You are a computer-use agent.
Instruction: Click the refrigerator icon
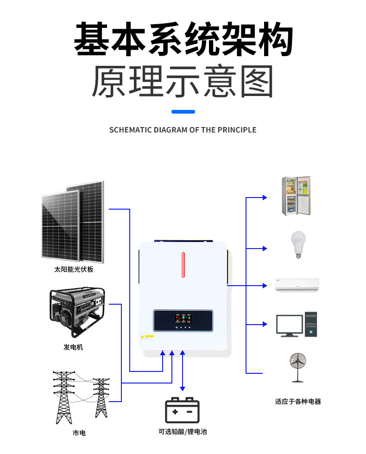(x=297, y=196)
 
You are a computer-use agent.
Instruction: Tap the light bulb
(x=298, y=244)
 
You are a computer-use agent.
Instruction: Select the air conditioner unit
(x=297, y=285)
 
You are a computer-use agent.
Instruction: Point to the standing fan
(x=297, y=366)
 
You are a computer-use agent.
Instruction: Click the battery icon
(x=183, y=410)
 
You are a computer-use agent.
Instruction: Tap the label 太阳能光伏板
(x=74, y=269)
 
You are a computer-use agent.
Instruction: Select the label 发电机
(x=73, y=347)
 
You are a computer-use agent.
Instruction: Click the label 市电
(x=79, y=433)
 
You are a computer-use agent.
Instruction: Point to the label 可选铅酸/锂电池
(x=183, y=432)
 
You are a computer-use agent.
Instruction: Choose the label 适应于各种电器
(x=298, y=402)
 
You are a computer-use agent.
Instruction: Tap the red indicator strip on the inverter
(x=183, y=265)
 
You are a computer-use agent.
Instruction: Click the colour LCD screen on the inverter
(x=183, y=320)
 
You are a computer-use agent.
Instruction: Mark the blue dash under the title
(x=183, y=112)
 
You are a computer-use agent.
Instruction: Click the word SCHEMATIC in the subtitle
(x=129, y=130)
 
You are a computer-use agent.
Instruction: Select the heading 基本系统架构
(x=183, y=41)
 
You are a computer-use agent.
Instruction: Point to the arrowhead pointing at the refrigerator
(x=265, y=198)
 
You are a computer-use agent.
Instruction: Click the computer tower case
(x=311, y=324)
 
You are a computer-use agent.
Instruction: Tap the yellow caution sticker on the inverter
(x=148, y=336)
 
